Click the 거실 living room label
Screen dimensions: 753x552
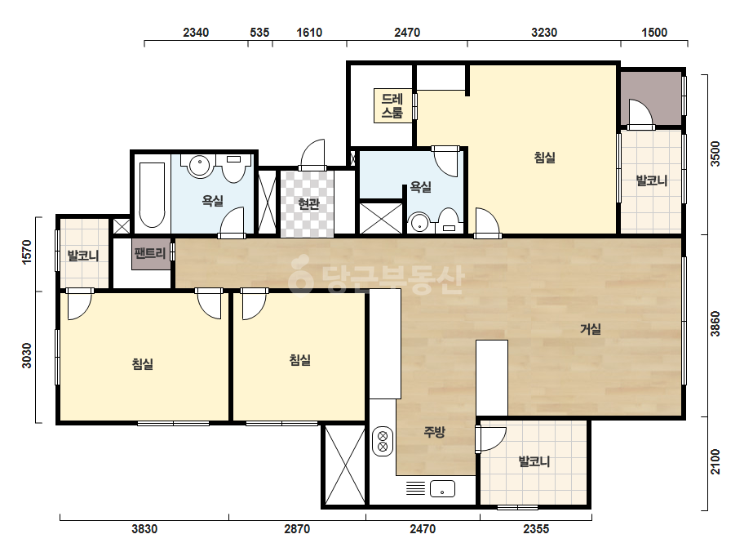590,329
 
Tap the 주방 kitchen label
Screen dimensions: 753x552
434,432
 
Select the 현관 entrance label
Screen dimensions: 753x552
308,204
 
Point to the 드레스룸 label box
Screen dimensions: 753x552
392,106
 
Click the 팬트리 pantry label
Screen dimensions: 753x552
150,253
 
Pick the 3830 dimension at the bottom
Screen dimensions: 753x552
144,529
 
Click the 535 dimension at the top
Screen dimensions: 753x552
259,33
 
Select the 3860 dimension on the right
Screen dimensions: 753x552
715,324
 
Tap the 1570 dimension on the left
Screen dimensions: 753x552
27,252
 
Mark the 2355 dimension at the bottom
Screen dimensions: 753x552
536,529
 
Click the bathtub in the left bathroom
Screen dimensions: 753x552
152,194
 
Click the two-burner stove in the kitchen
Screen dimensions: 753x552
383,442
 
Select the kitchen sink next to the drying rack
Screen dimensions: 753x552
442,489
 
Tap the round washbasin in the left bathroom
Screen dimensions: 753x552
199,167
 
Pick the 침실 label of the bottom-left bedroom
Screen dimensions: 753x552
143,364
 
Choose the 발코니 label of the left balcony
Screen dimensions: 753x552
83,256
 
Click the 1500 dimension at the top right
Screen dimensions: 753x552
654,33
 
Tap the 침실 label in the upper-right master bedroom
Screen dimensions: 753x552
545,158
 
